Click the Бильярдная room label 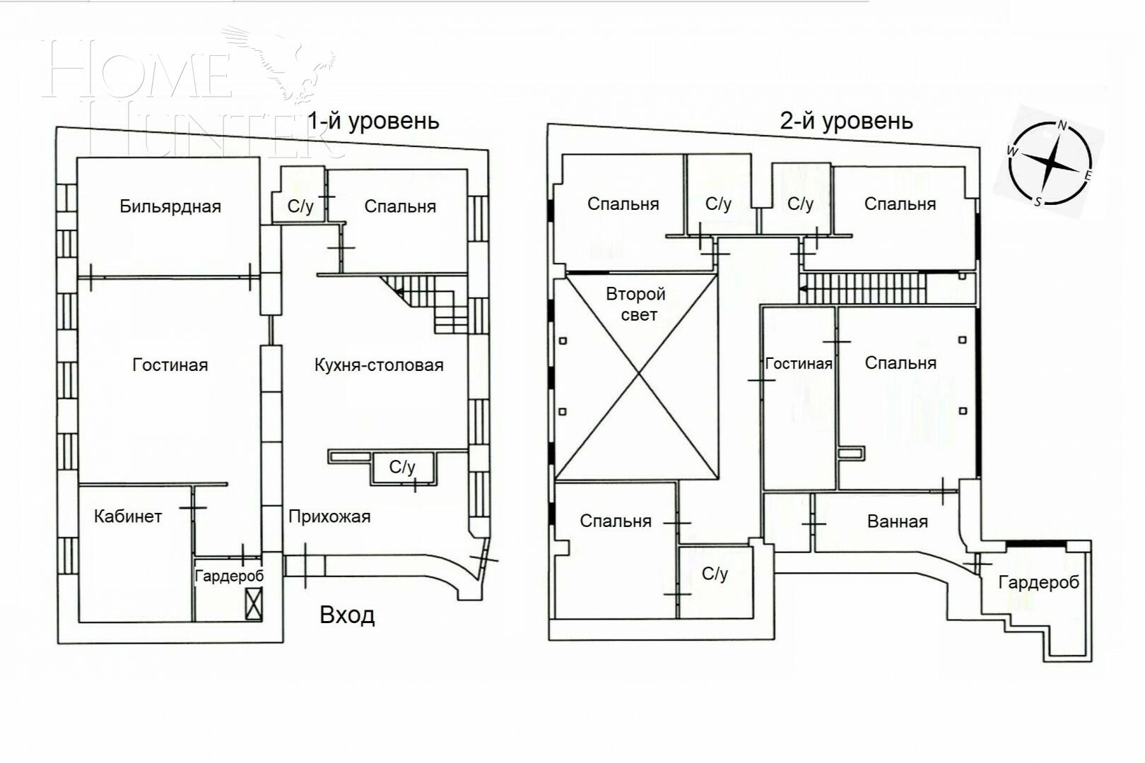pyautogui.click(x=170, y=206)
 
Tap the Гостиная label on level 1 pyautogui.click(x=170, y=365)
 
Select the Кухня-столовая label pyautogui.click(x=379, y=365)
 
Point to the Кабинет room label pyautogui.click(x=128, y=516)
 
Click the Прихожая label pyautogui.click(x=329, y=516)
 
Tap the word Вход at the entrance pyautogui.click(x=347, y=615)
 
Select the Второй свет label pyautogui.click(x=637, y=304)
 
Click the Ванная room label pyautogui.click(x=897, y=522)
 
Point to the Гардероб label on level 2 pyautogui.click(x=1038, y=583)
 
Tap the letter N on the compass pyautogui.click(x=1062, y=126)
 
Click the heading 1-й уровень pyautogui.click(x=373, y=121)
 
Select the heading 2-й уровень pyautogui.click(x=846, y=121)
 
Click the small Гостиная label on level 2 pyautogui.click(x=799, y=364)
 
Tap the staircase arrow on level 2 pyautogui.click(x=804, y=288)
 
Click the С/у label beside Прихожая pyautogui.click(x=402, y=467)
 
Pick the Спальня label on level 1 pyautogui.click(x=400, y=206)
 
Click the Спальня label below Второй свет pyautogui.click(x=616, y=521)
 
